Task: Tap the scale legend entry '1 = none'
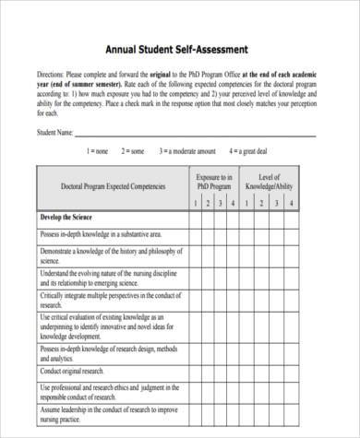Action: [96, 151]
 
